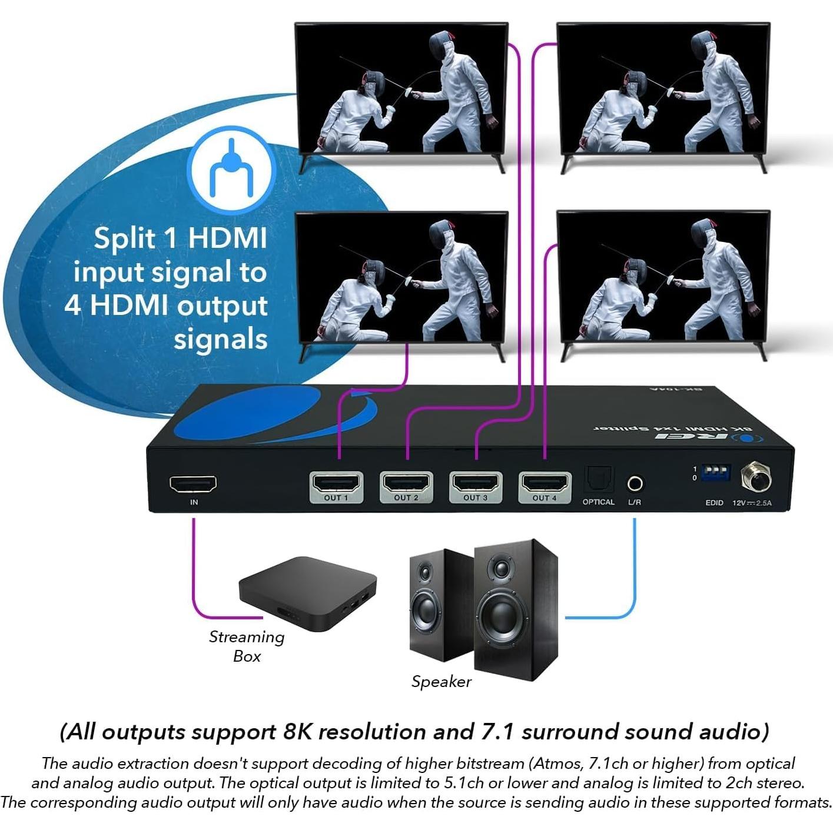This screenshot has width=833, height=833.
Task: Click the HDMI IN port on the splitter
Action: (x=193, y=484)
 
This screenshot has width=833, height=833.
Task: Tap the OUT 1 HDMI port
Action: (x=336, y=484)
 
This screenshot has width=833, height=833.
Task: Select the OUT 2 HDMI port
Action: (x=406, y=484)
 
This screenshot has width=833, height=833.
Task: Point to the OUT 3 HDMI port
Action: (x=475, y=484)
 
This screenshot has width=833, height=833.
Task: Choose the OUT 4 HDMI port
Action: (x=545, y=484)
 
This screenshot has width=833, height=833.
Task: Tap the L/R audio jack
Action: (x=635, y=483)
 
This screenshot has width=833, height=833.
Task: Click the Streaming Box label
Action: (x=247, y=646)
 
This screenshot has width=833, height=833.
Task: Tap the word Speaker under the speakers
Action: (x=442, y=682)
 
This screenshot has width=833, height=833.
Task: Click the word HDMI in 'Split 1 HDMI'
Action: (x=227, y=238)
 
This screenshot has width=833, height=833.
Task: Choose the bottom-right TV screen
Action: (x=663, y=277)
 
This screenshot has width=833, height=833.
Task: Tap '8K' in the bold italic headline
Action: (x=298, y=732)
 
